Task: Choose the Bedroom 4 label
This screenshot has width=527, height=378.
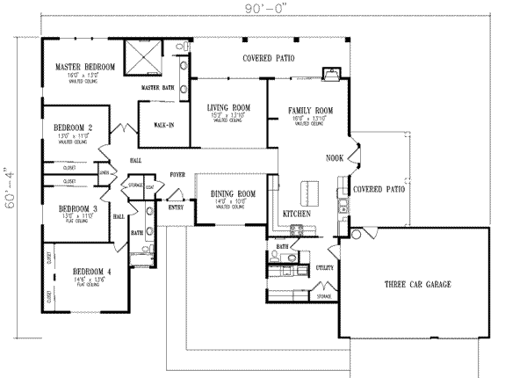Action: (x=90, y=271)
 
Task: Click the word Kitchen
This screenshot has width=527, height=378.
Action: (x=296, y=214)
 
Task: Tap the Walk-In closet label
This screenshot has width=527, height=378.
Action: (x=163, y=125)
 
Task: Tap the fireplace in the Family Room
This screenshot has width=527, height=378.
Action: (x=330, y=75)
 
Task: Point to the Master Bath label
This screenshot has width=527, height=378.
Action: (x=156, y=89)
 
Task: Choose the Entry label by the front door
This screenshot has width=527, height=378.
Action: (x=177, y=207)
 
